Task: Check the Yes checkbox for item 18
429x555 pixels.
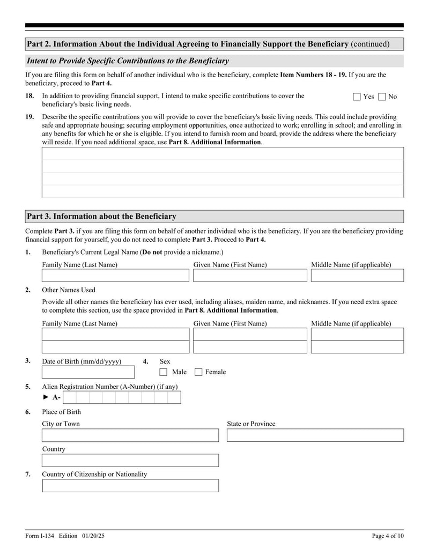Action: [357, 97]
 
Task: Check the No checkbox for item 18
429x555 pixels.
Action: [382, 97]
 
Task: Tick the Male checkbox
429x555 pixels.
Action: [164, 372]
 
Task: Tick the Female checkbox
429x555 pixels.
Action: [198, 372]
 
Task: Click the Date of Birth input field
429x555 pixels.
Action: [88, 372]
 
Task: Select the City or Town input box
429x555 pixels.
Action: [130, 435]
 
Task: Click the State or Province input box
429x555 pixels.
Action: [315, 435]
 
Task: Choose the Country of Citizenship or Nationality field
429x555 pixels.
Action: [130, 486]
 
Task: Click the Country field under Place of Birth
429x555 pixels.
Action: [130, 461]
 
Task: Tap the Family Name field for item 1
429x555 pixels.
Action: [115, 276]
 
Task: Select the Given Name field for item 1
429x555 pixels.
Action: [250, 276]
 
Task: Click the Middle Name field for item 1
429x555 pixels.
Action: [357, 276]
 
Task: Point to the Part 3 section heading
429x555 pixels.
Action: [101, 217]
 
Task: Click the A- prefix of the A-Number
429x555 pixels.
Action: [56, 397]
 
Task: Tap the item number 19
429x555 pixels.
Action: [29, 117]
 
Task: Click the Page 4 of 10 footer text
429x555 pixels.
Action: [388, 536]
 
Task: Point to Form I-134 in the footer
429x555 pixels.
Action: [40, 536]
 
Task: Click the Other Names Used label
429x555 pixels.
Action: [69, 290]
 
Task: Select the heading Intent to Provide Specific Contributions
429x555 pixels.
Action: [128, 61]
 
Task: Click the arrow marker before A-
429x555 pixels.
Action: [46, 397]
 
